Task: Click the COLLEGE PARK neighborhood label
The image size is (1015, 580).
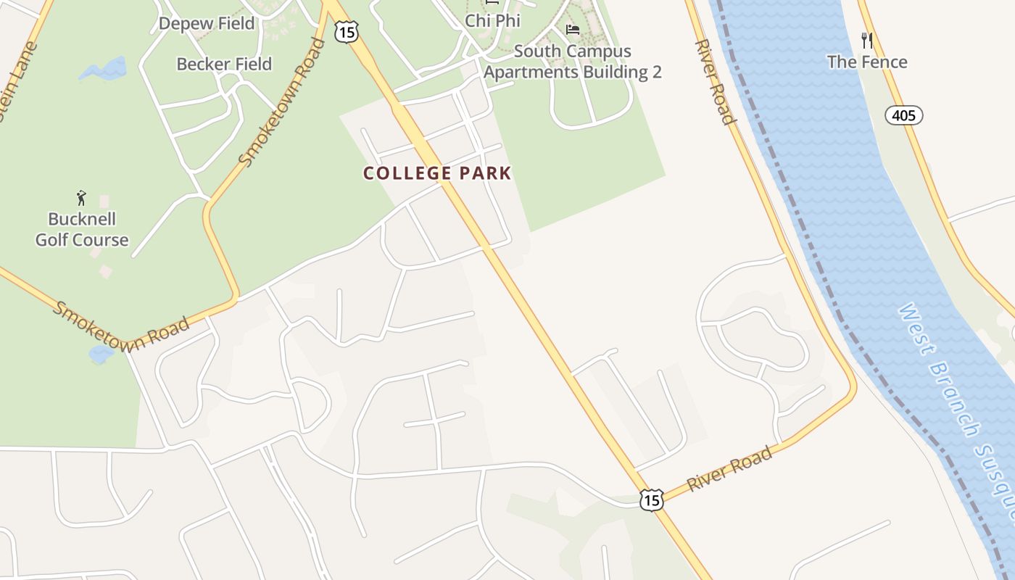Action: tap(437, 173)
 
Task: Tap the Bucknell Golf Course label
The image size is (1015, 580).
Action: tap(82, 229)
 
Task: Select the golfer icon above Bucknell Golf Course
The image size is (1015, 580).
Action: tap(81, 197)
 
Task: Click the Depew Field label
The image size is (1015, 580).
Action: tap(207, 23)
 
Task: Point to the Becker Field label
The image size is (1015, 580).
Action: tap(224, 64)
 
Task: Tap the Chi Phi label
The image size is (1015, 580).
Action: tap(492, 21)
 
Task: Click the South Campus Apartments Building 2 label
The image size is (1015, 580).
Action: tap(572, 62)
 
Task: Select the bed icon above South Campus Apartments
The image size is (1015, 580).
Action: tap(573, 30)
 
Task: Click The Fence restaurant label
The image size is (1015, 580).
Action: tap(867, 62)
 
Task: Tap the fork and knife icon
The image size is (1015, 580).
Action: tap(866, 39)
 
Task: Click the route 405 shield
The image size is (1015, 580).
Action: tap(903, 115)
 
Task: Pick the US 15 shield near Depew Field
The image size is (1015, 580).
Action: tap(346, 31)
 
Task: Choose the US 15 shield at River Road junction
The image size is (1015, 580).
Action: tap(651, 500)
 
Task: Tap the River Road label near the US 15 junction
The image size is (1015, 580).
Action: tap(729, 470)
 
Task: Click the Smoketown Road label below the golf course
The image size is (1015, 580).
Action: tap(120, 326)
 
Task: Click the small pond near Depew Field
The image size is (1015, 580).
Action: tap(104, 70)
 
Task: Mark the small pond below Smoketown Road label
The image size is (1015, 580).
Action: tap(100, 354)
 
